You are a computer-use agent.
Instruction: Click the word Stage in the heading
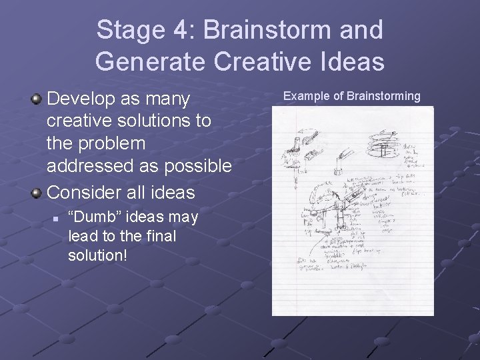coord(126,29)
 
